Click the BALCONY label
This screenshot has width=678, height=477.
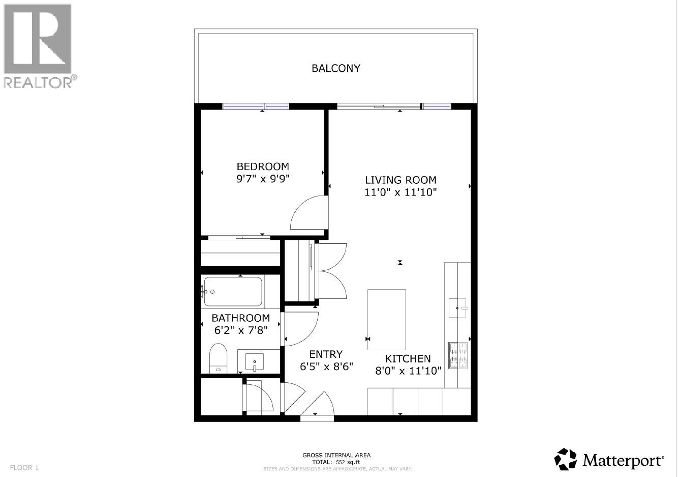pyautogui.click(x=335, y=68)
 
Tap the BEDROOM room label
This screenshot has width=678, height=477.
pyautogui.click(x=263, y=166)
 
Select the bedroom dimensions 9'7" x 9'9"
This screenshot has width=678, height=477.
pyautogui.click(x=263, y=179)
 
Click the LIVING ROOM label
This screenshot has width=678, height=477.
pyautogui.click(x=400, y=180)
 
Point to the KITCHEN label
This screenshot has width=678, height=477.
pyautogui.click(x=408, y=358)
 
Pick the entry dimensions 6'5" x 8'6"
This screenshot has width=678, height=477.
pyautogui.click(x=326, y=367)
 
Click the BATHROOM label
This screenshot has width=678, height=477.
pyautogui.click(x=240, y=318)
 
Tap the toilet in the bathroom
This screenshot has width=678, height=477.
pyautogui.click(x=218, y=358)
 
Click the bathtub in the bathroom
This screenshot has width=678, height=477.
pyautogui.click(x=233, y=292)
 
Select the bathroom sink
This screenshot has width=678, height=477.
pyautogui.click(x=254, y=362)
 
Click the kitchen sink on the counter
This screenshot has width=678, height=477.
pyautogui.click(x=457, y=307)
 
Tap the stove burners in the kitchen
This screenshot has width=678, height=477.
pyautogui.click(x=458, y=355)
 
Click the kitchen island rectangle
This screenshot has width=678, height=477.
pyautogui.click(x=386, y=319)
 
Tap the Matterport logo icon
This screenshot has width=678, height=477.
pyautogui.click(x=565, y=459)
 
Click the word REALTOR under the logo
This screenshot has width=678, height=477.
pyautogui.click(x=38, y=82)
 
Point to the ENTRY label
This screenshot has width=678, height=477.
pyautogui.click(x=326, y=354)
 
